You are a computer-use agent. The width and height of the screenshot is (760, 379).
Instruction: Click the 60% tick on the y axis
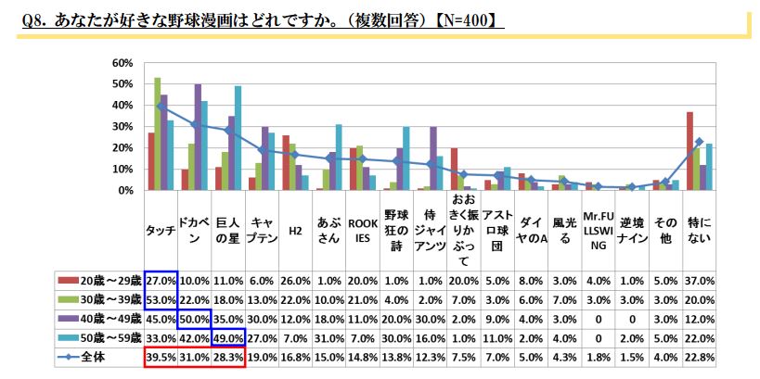tap(122, 63)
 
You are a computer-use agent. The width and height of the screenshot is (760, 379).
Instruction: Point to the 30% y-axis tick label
tap(122, 127)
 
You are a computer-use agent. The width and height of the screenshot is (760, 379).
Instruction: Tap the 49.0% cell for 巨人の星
tap(228, 336)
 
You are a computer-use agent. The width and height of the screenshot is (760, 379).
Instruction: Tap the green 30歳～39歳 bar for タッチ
tap(158, 134)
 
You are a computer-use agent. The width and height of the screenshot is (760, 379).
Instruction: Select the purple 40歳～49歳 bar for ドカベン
tap(198, 137)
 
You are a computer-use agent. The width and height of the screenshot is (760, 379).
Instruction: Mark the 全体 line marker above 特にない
tap(699, 142)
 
